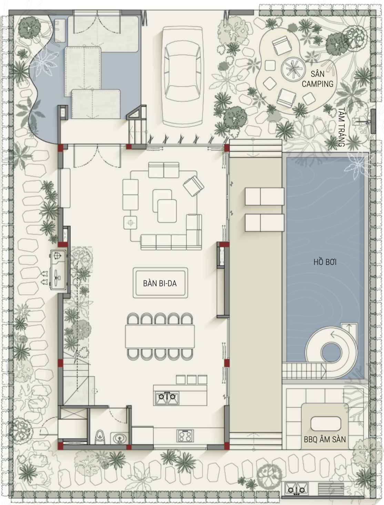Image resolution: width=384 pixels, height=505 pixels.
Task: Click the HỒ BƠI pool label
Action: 325,262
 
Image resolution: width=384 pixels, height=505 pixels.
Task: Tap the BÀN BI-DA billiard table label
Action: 160,284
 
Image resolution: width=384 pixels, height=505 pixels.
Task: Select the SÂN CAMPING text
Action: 317,79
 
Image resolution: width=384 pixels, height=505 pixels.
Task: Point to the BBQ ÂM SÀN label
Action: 325,440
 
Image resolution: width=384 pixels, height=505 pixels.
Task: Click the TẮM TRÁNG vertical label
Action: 342,127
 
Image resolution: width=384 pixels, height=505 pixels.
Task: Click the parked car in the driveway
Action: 183,76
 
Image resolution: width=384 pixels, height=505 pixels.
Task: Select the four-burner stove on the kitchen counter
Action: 185,436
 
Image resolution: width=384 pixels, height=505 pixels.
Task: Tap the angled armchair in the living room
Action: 193,186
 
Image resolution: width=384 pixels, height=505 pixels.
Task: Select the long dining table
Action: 160,336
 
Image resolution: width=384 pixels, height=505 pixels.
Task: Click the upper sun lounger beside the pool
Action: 264,196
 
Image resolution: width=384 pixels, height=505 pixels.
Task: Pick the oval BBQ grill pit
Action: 325,424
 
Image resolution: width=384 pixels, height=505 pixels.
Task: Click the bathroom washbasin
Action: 119,438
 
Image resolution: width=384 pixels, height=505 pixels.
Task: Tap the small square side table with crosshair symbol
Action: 130,223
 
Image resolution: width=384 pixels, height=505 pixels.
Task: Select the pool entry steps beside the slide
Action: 304,371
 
